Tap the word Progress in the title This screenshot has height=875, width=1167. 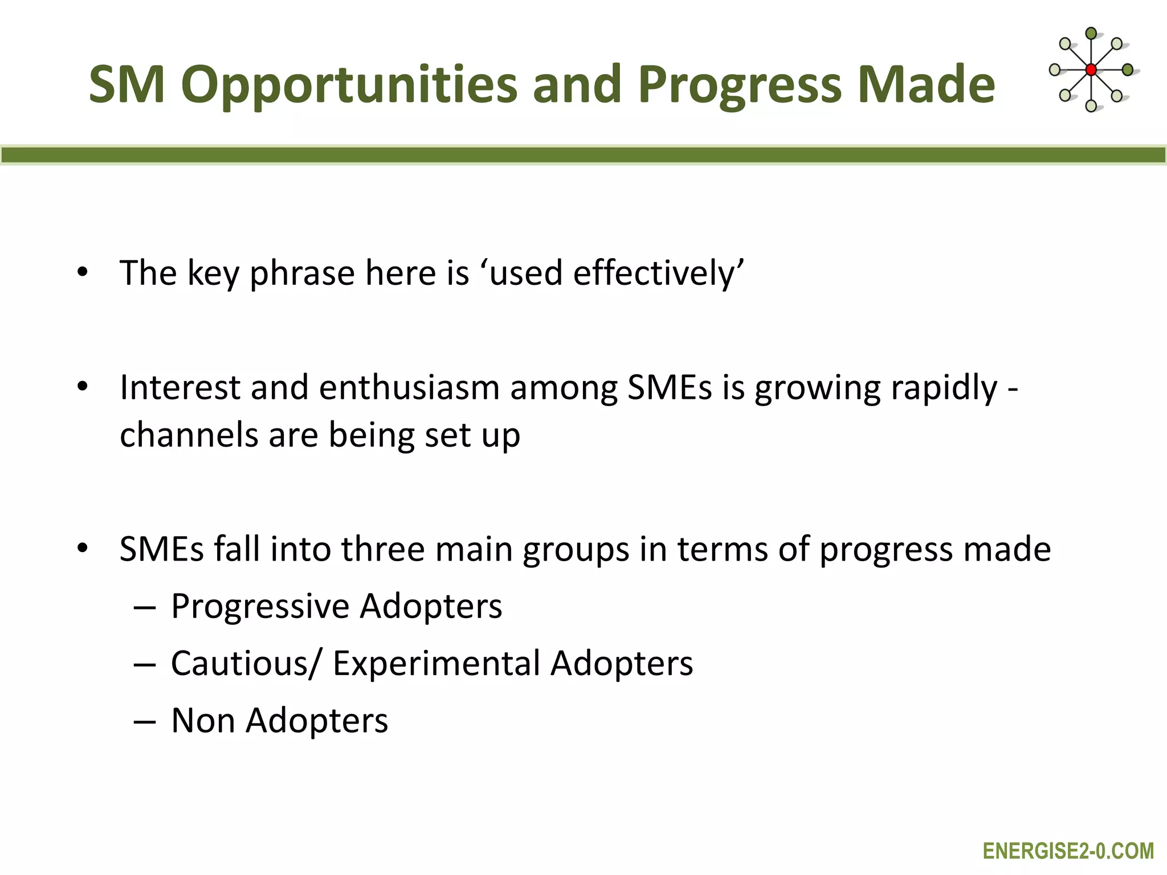click(740, 85)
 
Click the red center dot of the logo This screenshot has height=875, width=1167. click(1091, 70)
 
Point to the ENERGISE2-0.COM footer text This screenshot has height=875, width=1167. click(1068, 851)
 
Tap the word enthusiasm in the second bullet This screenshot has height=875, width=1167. click(409, 388)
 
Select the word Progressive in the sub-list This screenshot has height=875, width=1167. click(260, 606)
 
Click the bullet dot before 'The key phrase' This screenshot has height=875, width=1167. click(83, 272)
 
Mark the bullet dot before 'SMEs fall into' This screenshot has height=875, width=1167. click(83, 549)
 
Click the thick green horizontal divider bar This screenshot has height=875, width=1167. click(583, 155)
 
